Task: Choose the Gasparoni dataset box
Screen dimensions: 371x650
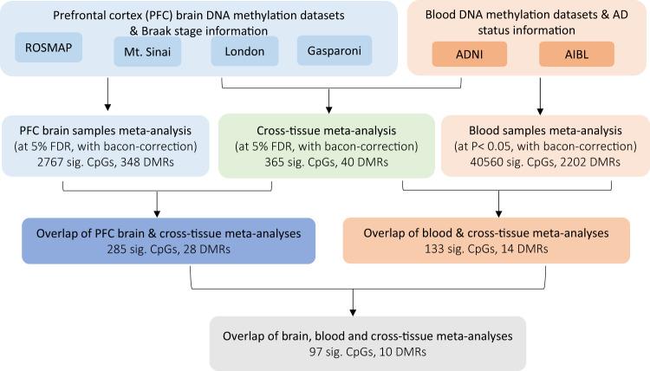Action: coord(332,51)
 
